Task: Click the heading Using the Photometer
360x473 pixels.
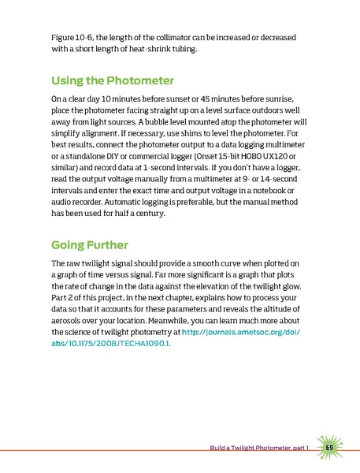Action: click(x=112, y=80)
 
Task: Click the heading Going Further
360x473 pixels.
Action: click(x=90, y=242)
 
